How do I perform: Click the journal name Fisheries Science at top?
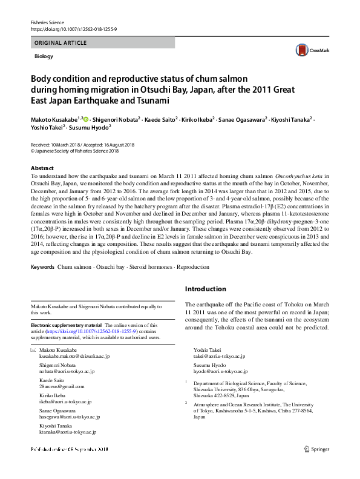[x=47, y=22]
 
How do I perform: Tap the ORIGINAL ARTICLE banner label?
[x=61, y=43]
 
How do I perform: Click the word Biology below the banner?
[x=44, y=56]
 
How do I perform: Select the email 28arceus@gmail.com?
[x=62, y=386]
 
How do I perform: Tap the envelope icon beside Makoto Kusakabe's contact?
[x=33, y=351]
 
